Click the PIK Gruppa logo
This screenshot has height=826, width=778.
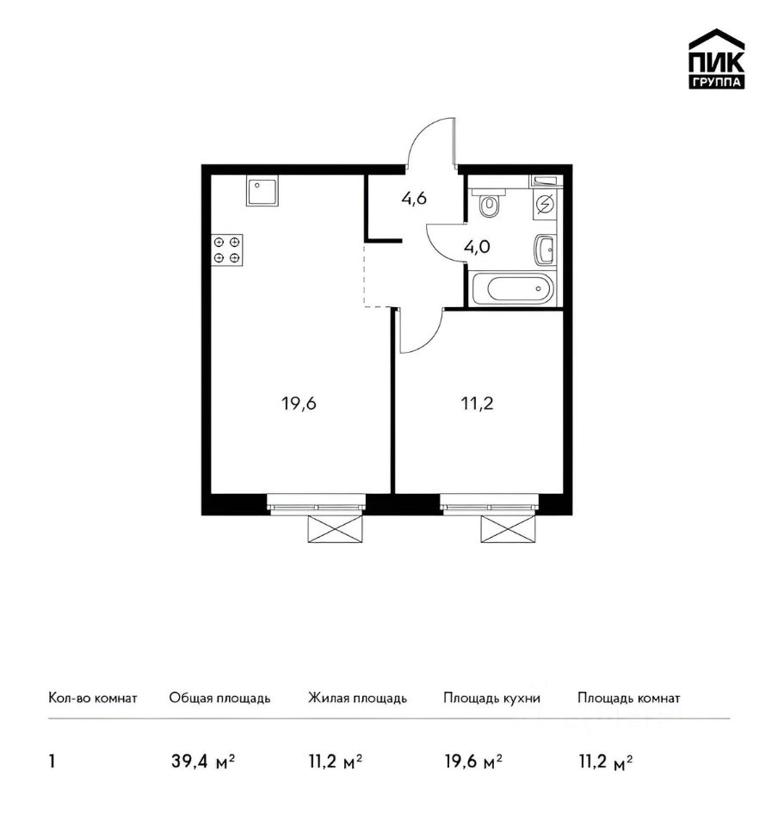point(716,59)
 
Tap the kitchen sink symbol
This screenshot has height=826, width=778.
point(262,191)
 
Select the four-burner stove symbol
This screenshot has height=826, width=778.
point(227,250)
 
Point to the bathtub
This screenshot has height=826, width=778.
point(513,288)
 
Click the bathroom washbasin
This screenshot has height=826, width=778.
point(545,250)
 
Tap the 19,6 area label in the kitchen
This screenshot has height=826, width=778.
point(299,404)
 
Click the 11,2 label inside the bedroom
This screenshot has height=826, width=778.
point(478,404)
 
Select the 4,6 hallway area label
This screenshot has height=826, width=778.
point(414,199)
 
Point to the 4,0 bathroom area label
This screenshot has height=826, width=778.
point(478,247)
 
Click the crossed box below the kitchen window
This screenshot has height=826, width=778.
point(336,529)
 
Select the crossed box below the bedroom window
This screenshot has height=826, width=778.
point(509,529)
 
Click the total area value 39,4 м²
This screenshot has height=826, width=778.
point(203,761)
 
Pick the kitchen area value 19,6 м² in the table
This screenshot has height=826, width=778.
point(473,761)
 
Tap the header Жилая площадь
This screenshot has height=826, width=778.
point(358,699)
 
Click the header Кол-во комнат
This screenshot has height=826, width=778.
point(93,699)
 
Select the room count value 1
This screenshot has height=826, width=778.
point(52,761)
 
